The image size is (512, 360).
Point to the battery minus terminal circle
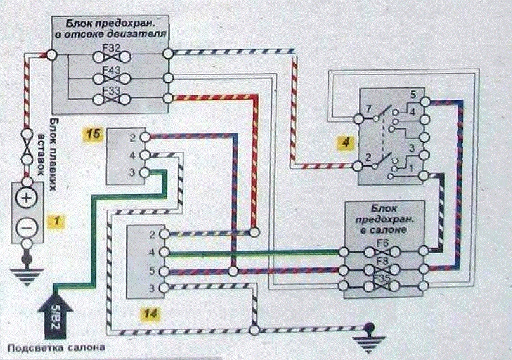(27, 227)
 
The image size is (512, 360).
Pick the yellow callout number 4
(345, 140)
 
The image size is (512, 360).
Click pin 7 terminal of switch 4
(358, 119)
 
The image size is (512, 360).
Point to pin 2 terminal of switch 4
(358, 166)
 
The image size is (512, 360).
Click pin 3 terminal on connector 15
(144, 172)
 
